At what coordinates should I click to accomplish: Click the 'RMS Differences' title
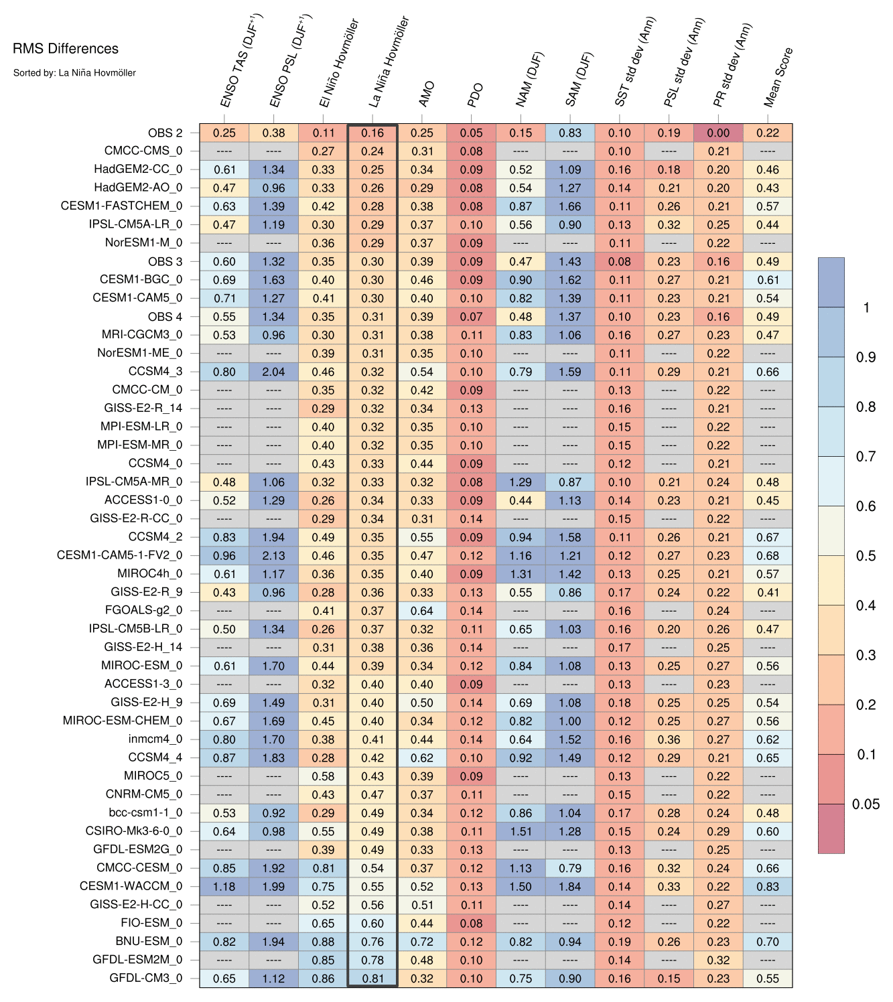65,49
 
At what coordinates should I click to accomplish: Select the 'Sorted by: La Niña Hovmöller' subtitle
74,72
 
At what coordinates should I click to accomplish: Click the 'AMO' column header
426,94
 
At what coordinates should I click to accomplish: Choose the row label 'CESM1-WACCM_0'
131,886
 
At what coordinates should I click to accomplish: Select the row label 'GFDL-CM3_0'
145,978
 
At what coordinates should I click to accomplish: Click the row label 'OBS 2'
165,133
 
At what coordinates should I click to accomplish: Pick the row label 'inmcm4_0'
155,739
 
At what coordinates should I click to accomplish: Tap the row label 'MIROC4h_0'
149,574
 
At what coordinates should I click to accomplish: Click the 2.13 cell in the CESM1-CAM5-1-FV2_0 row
273,555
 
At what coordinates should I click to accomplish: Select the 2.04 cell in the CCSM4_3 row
273,372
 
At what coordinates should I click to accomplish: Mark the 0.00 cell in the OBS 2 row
718,133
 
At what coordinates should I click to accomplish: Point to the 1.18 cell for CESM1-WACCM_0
224,886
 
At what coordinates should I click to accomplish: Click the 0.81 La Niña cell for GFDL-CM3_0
372,978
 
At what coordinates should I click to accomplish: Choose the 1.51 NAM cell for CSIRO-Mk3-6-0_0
521,831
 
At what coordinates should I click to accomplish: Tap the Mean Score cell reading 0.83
768,886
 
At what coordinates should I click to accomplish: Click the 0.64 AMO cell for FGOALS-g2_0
422,611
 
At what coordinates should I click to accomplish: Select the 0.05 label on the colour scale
866,804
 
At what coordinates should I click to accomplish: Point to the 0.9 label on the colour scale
866,358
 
